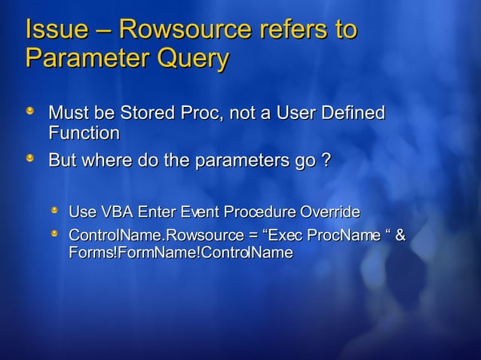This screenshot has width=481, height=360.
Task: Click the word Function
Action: tap(84, 133)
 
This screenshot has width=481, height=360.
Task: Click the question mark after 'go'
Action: tap(326, 161)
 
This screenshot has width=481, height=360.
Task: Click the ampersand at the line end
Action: tap(400, 236)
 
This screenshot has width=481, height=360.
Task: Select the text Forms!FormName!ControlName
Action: tap(180, 253)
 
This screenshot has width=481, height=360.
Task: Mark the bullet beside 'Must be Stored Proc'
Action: tap(29, 112)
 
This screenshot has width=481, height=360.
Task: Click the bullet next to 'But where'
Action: tap(29, 160)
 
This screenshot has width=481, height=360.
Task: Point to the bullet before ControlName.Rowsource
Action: tap(54, 234)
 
